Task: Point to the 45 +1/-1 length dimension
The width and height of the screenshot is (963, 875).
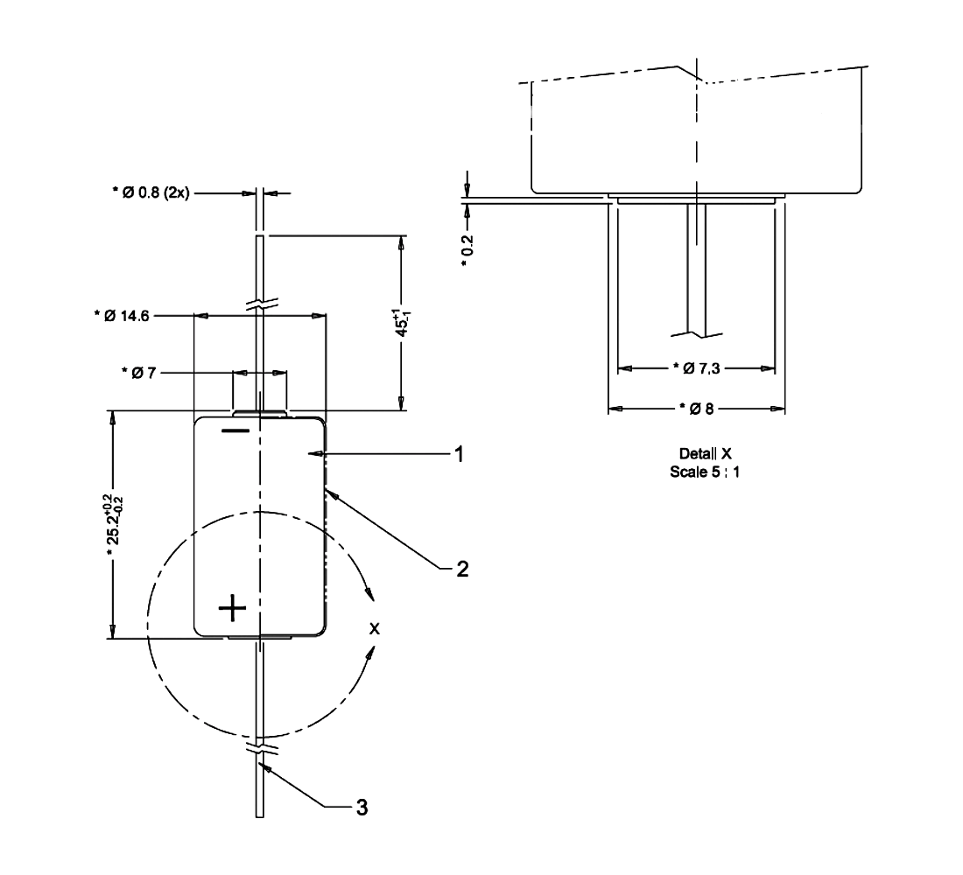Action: coord(401,322)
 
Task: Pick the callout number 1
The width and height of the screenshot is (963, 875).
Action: coord(457,454)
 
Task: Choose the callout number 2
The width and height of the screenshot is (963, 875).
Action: coord(461,570)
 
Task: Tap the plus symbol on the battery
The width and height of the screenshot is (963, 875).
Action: coord(233,607)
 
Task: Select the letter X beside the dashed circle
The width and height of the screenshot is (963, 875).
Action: coord(375,628)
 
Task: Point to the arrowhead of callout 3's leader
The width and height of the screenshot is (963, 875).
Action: coord(265,766)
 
